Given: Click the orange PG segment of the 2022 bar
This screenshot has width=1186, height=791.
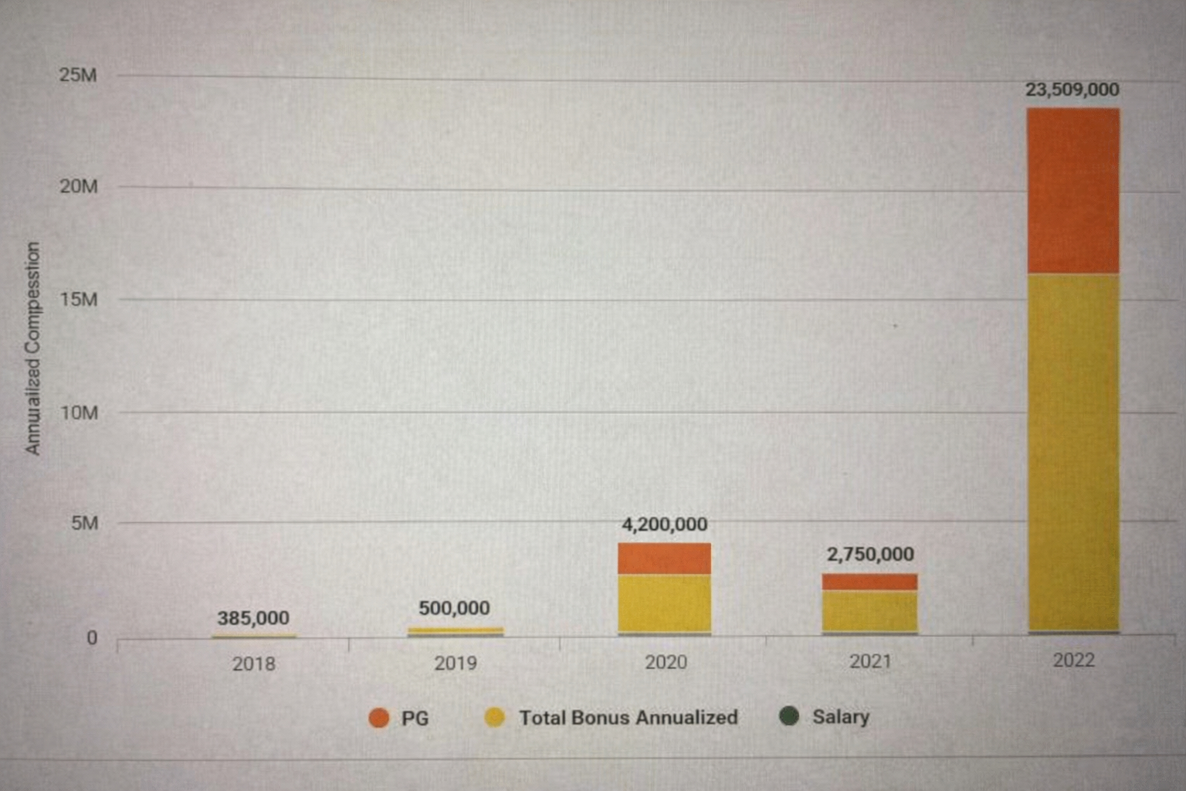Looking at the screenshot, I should click(x=1073, y=190).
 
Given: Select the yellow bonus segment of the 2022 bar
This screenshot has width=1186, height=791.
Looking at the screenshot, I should click(x=1073, y=452).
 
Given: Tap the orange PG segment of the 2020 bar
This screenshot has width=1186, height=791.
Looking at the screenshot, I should click(x=664, y=558).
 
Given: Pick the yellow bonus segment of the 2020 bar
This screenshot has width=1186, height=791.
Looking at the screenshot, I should click(x=664, y=603).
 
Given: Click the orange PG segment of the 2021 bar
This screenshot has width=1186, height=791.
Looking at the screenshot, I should click(x=869, y=582).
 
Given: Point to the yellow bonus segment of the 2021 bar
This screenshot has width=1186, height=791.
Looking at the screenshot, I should click(x=869, y=611).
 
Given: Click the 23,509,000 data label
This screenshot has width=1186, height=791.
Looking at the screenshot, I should click(x=1072, y=90).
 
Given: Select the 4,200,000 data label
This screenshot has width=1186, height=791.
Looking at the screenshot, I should click(x=665, y=525).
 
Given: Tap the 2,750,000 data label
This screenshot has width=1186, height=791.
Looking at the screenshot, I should click(x=870, y=554).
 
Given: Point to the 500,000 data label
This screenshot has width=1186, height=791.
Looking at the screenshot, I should click(x=454, y=608).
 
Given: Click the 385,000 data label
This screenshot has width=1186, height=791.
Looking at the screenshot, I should click(x=253, y=618).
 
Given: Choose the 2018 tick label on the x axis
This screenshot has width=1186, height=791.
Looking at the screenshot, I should click(x=253, y=664).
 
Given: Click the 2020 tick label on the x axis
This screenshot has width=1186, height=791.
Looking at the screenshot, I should click(x=666, y=662).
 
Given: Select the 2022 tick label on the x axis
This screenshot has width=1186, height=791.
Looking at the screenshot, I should click(x=1073, y=660).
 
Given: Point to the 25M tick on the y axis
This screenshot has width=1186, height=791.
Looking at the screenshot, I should click(x=78, y=75).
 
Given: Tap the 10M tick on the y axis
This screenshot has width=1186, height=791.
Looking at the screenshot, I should click(x=80, y=412).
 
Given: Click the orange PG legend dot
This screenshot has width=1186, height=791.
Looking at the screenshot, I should click(x=379, y=718).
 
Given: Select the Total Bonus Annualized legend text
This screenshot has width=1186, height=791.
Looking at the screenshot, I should click(x=628, y=718).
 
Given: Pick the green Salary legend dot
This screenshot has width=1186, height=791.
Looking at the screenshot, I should click(x=789, y=716).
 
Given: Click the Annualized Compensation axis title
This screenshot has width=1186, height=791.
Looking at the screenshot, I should click(x=32, y=348).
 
